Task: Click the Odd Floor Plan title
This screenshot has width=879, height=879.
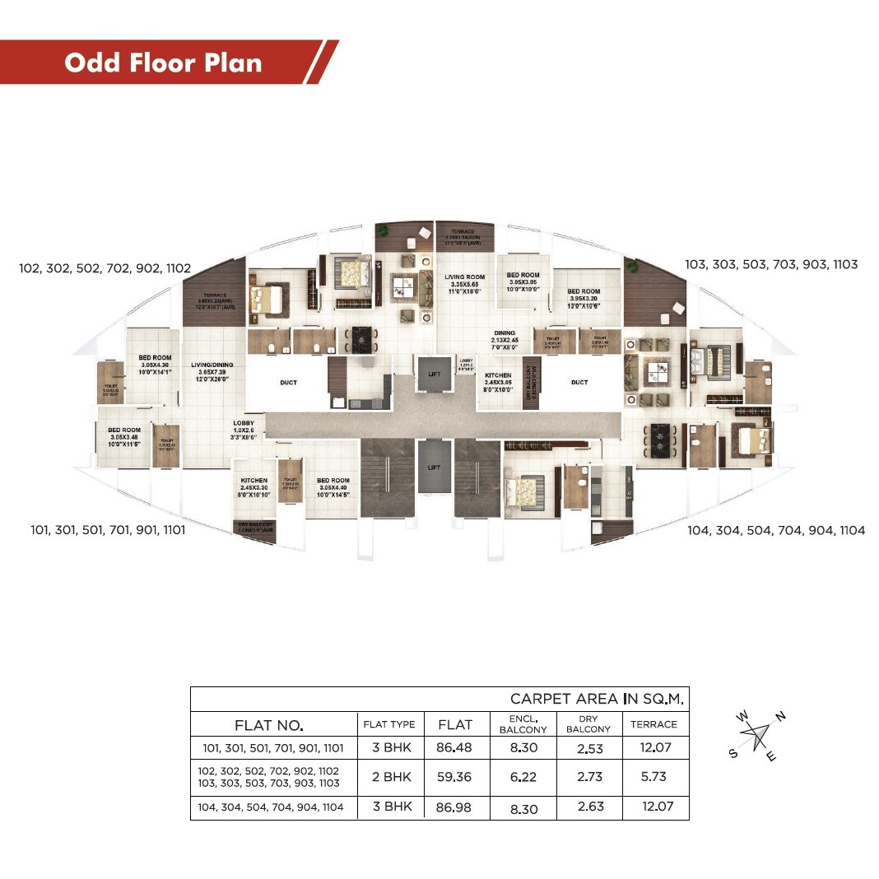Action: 163,63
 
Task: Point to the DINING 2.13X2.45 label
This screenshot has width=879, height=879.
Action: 505,341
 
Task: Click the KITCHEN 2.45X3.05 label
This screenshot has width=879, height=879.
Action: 498,383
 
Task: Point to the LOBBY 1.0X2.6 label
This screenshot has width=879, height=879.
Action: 244,430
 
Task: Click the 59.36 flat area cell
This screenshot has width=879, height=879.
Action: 455,776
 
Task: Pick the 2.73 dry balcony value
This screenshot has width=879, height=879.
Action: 588,776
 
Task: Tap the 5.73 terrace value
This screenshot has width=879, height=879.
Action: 654,776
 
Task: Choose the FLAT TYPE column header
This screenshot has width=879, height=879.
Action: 389,724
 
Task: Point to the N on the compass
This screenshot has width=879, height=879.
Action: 780,716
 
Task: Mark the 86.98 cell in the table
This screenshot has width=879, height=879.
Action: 455,807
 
